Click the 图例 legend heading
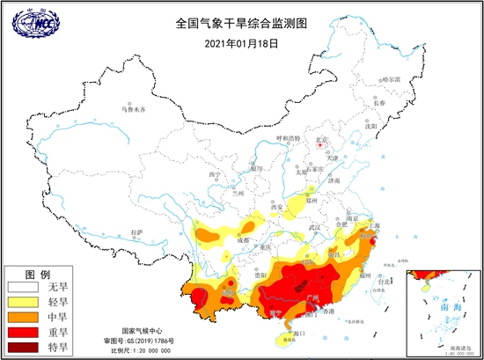(39, 274)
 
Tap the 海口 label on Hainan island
(297, 333)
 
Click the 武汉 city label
(313, 229)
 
